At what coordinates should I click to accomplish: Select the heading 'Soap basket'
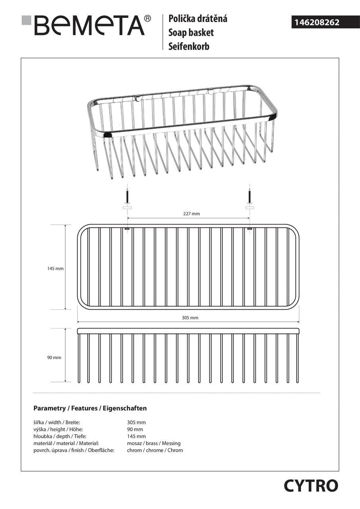pyautogui.click(x=191, y=32)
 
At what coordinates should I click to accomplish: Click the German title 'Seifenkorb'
pyautogui.click(x=189, y=46)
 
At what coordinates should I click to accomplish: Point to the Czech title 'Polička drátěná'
pyautogui.click(x=198, y=18)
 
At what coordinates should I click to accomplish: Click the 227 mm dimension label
pyautogui.click(x=191, y=214)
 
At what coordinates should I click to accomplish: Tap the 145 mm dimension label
pyautogui.click(x=55, y=268)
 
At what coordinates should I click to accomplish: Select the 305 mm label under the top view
pyautogui.click(x=190, y=317)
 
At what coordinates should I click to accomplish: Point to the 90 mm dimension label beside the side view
pyautogui.click(x=54, y=357)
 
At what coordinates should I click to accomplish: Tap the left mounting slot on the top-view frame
pyautogui.click(x=127, y=229)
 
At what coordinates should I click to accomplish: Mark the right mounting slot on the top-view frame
pyautogui.click(x=249, y=229)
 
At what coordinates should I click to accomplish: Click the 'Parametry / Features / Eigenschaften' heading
pyautogui.click(x=90, y=408)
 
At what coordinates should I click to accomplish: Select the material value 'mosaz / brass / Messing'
pyautogui.click(x=154, y=443)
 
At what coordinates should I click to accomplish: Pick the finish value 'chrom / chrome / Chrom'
pyautogui.click(x=155, y=450)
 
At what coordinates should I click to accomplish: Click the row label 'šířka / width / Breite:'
pyautogui.click(x=56, y=422)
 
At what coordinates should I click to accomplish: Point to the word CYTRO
pyautogui.click(x=311, y=486)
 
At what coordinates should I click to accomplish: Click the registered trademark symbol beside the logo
pyautogui.click(x=147, y=18)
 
